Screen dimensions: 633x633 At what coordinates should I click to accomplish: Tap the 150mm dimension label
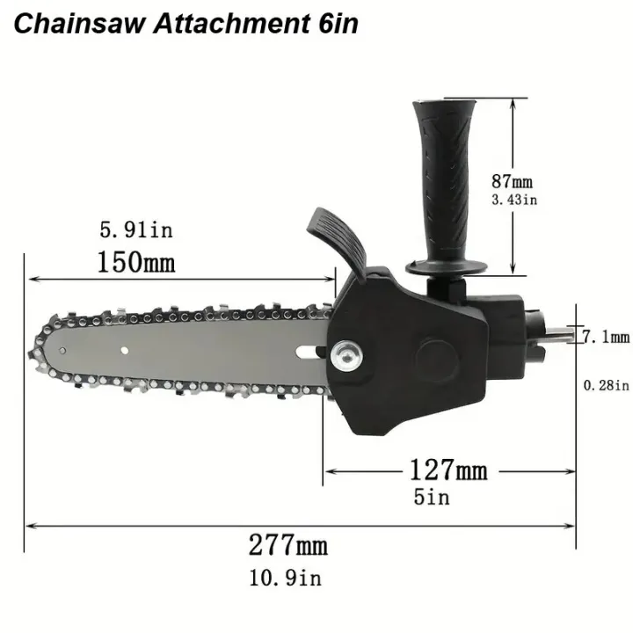tap(135, 262)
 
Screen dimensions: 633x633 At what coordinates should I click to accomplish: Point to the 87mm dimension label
tap(513, 182)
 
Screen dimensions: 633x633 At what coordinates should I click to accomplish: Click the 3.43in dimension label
tap(513, 200)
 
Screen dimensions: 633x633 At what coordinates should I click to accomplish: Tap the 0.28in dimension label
tap(607, 384)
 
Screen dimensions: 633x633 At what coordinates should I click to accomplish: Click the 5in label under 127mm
tap(432, 497)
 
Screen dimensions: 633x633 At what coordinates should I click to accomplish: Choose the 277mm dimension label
tap(287, 545)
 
